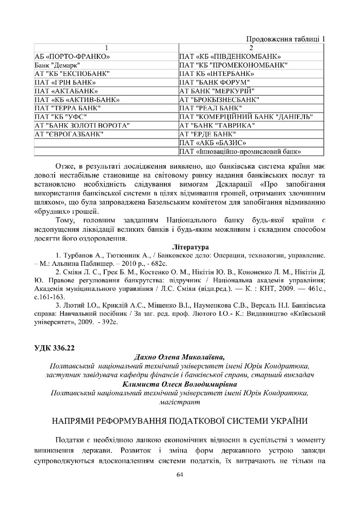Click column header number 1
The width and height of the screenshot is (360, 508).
[106, 48]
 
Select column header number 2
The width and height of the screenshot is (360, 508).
[251, 48]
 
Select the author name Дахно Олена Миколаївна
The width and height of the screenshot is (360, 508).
[179, 356]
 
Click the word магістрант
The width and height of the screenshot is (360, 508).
[180, 401]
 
